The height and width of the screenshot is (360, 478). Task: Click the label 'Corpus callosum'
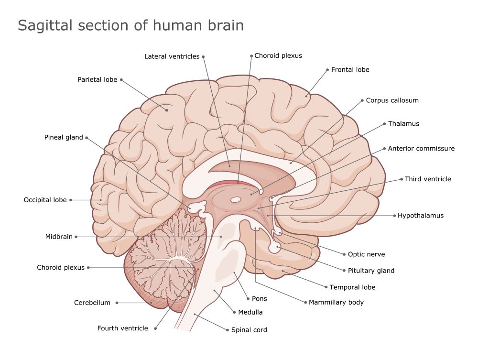(392, 100)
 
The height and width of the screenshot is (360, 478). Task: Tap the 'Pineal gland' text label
(64, 138)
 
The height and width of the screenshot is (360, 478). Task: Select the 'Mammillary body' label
(336, 302)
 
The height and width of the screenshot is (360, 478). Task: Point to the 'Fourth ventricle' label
(123, 328)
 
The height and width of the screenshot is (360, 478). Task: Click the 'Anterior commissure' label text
(421, 149)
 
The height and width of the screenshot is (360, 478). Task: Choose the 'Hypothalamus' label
(421, 216)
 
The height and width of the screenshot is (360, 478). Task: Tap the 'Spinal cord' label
(249, 330)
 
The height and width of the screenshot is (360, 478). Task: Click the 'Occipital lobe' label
(45, 200)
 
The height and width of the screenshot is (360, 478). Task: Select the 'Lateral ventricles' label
(172, 56)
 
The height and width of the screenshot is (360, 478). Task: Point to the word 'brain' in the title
(225, 25)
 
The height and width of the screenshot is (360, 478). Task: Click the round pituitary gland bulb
(274, 248)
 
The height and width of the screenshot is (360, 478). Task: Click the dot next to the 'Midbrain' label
(76, 237)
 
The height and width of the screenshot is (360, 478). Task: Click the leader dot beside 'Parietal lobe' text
(122, 80)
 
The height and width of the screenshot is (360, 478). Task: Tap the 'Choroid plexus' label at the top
(278, 55)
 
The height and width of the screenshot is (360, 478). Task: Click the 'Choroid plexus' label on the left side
(61, 268)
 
